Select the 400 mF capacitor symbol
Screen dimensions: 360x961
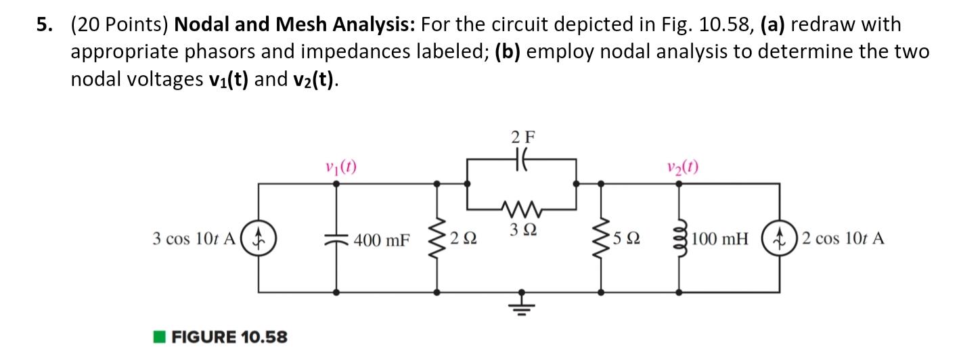(x=336, y=239)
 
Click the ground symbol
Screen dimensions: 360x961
(x=521, y=306)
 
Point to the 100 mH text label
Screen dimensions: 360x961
(x=720, y=240)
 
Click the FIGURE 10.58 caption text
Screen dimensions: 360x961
(x=229, y=336)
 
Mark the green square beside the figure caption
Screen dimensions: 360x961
(x=158, y=336)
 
